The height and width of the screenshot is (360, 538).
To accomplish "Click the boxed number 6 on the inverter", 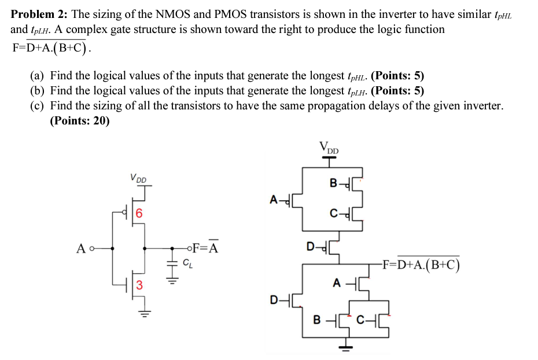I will (139, 212).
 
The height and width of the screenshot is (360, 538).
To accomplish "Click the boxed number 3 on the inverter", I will (139, 284).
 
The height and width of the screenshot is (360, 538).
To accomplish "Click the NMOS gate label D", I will (274, 299).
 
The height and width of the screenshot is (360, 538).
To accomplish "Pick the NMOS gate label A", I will (337, 283).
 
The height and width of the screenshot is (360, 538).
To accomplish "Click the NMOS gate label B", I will (316, 320).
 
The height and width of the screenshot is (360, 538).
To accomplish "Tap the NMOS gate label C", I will (360, 320).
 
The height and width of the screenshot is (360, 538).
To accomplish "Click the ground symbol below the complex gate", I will (345, 347).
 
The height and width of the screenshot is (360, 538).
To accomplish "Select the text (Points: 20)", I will (80, 121).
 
